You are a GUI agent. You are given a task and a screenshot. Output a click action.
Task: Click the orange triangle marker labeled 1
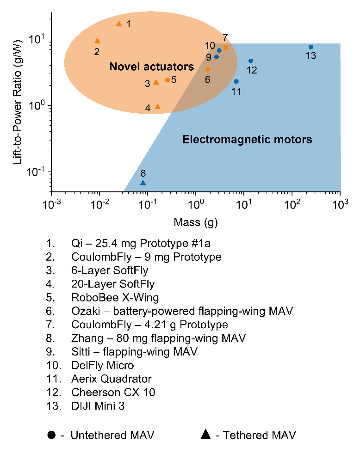pyautogui.click(x=119, y=24)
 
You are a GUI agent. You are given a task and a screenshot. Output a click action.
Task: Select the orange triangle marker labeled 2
pyautogui.click(x=97, y=41)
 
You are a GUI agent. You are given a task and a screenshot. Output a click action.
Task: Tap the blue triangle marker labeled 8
pyautogui.click(x=143, y=183)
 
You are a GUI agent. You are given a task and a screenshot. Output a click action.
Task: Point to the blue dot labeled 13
pyautogui.click(x=311, y=47)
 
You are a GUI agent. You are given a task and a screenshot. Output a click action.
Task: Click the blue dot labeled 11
pyautogui.click(x=236, y=81)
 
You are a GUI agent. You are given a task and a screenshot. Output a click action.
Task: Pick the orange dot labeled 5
pyautogui.click(x=168, y=80)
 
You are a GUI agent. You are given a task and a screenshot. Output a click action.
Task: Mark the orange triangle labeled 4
pyautogui.click(x=157, y=107)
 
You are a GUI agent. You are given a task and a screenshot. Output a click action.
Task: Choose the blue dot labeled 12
pyautogui.click(x=251, y=61)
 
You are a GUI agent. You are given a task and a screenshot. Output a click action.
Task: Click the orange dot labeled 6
pyautogui.click(x=208, y=69)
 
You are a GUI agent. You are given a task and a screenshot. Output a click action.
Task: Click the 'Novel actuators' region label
pyautogui.click(x=151, y=67)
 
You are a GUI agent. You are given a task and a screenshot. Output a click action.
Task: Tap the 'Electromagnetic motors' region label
pyautogui.click(x=247, y=139)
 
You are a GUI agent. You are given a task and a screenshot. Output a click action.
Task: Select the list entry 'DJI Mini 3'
pyautogui.click(x=98, y=406)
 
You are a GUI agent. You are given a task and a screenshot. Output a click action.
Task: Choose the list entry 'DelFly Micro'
pyautogui.click(x=102, y=366)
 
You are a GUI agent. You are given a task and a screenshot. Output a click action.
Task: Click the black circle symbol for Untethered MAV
pyautogui.click(x=51, y=435)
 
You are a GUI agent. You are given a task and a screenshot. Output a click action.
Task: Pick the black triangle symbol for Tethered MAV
pyautogui.click(x=205, y=435)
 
